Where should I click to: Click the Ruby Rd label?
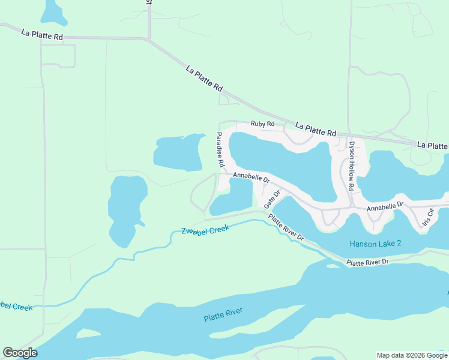click(262, 124)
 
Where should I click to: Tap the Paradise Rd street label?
click(220, 150)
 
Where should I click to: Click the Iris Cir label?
click(428, 217)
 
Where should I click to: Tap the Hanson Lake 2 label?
click(375, 244)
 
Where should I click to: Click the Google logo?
click(20, 353)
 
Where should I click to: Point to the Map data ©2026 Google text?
click(411, 355)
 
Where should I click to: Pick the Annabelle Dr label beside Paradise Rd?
click(252, 177)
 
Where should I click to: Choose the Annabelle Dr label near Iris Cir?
click(386, 205)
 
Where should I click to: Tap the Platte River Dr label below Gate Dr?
click(286, 228)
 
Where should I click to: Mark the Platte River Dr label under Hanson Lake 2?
click(368, 262)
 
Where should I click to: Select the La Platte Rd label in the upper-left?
click(41, 36)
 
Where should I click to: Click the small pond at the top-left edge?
click(53, 10)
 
